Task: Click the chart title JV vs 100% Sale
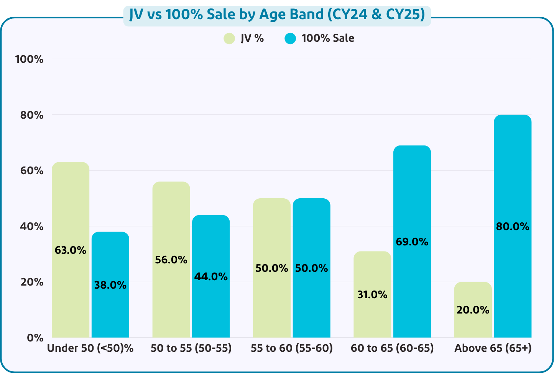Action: [x=277, y=15]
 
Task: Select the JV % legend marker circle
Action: [x=229, y=38]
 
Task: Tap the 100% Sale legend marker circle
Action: [x=291, y=38]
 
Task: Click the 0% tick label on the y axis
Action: [x=35, y=338]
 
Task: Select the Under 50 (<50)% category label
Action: [x=90, y=348]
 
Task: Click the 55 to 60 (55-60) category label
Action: [x=292, y=348]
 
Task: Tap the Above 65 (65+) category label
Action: [x=493, y=348]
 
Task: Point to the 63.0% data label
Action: [x=71, y=250]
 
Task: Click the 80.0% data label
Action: [x=513, y=227]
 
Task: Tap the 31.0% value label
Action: [x=372, y=295]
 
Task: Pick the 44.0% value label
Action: [x=211, y=276]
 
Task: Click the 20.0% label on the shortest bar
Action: [x=473, y=310]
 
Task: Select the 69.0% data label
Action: [x=412, y=242]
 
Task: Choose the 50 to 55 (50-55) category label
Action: [x=191, y=348]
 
